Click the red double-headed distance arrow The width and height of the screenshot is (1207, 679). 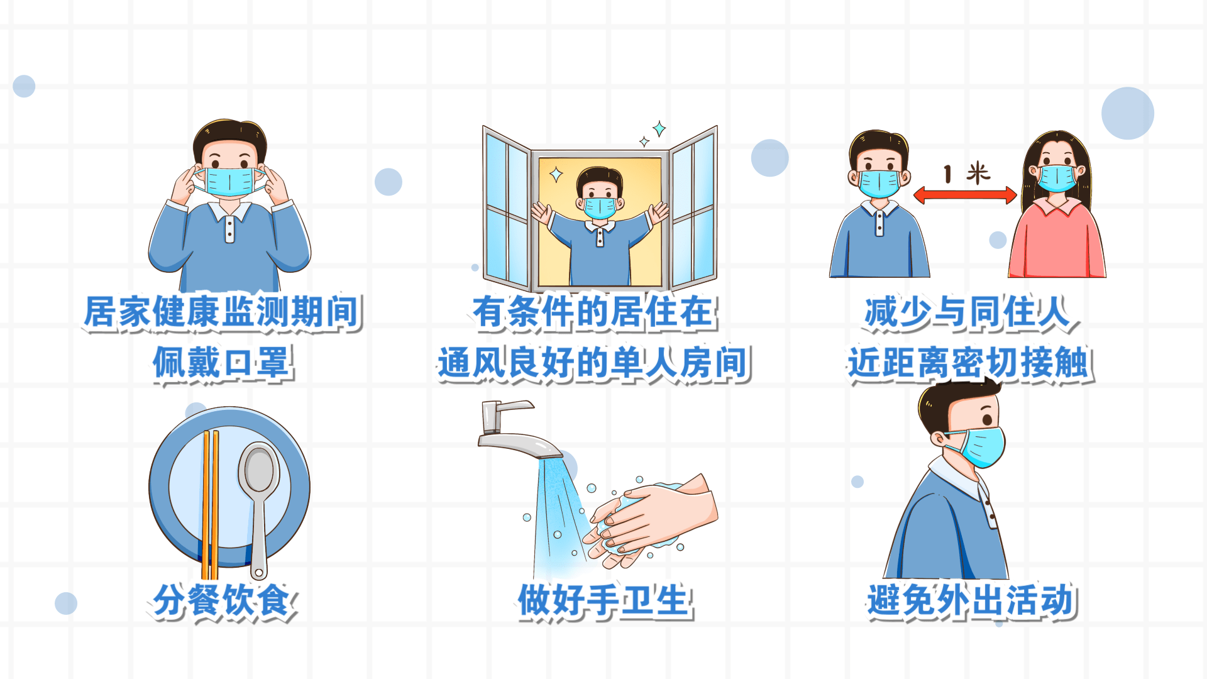(x=965, y=195)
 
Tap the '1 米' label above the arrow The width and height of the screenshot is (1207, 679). (x=966, y=173)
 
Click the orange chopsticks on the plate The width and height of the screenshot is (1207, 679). (x=210, y=503)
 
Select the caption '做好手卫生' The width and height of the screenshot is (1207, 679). (x=604, y=600)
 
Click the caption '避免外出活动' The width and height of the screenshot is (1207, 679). (x=971, y=600)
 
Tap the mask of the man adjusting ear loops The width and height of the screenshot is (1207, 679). (x=229, y=182)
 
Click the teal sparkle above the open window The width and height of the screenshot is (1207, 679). (x=659, y=129)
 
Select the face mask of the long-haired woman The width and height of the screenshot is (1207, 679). (x=1057, y=178)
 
